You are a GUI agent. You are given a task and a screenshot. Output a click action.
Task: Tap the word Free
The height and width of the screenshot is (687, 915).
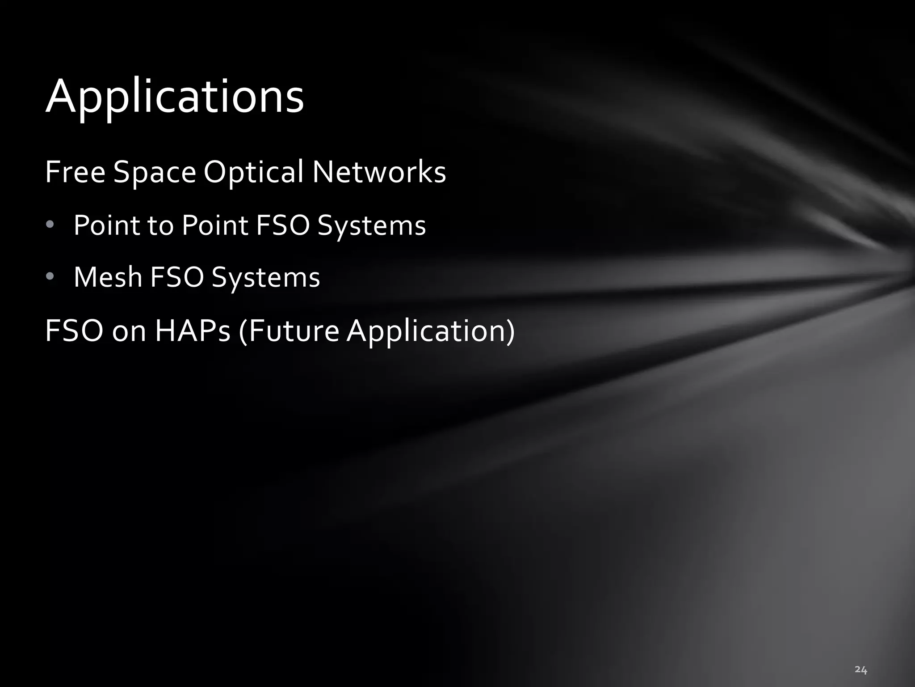(x=75, y=172)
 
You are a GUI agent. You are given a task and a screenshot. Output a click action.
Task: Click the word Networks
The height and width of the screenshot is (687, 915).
(x=379, y=172)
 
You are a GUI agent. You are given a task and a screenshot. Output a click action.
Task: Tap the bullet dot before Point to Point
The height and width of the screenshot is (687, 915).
(x=50, y=225)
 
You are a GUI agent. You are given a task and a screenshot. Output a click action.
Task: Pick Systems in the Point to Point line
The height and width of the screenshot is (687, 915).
(x=371, y=226)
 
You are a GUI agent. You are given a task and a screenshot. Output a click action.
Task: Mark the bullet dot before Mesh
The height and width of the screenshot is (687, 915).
(x=50, y=277)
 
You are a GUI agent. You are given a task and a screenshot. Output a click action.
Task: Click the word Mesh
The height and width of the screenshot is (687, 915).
(x=108, y=277)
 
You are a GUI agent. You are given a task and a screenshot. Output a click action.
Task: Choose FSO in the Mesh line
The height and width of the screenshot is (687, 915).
(x=177, y=277)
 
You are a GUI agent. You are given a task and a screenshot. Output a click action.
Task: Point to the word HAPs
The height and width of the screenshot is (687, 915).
(x=193, y=331)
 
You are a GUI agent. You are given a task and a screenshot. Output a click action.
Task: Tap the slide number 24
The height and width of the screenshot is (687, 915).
(x=860, y=670)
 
